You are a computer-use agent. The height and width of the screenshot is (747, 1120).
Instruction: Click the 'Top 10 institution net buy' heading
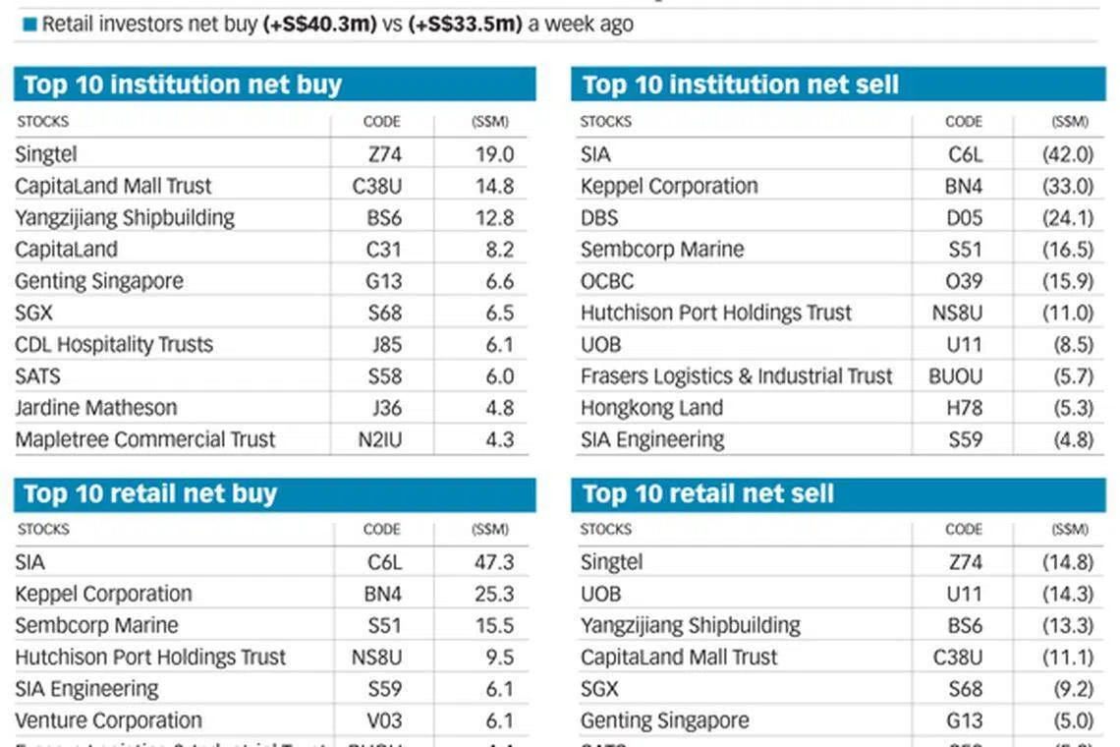click(183, 85)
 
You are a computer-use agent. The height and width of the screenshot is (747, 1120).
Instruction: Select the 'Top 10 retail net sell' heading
click(707, 493)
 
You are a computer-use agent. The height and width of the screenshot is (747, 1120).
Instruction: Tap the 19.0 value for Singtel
click(494, 154)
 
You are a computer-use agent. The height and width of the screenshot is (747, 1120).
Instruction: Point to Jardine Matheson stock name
click(96, 408)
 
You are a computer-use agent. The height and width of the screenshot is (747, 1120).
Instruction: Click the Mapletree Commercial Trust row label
click(145, 439)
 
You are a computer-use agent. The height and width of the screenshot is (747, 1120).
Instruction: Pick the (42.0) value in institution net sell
click(1067, 154)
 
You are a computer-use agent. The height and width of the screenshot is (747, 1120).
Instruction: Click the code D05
click(964, 217)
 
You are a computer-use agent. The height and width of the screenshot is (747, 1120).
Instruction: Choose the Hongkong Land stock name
click(651, 408)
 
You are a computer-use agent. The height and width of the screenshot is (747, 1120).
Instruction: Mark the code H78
click(964, 408)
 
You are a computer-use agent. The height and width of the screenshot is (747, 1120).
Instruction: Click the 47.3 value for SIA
click(493, 562)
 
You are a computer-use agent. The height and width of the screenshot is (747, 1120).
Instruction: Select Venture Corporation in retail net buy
click(108, 720)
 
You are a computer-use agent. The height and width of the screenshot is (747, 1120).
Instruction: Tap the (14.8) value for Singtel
click(1067, 562)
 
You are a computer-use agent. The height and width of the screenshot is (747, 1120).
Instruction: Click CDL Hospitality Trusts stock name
click(114, 345)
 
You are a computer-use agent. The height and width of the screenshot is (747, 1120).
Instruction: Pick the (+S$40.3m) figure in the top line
click(320, 25)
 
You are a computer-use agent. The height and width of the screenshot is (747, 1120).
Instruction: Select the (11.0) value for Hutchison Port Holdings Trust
click(1067, 314)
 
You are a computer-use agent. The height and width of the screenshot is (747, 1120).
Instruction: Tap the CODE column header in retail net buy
click(382, 529)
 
